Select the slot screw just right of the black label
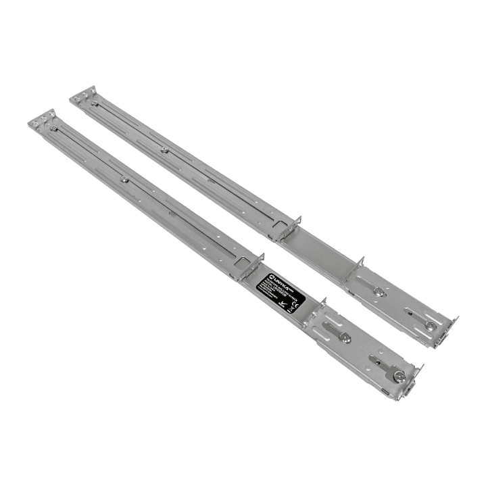point(345,338)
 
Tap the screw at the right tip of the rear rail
point(430,325)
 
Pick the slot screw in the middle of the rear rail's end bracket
point(379,292)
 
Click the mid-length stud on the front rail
point(124,179)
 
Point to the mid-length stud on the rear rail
point(164,150)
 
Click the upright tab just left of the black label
point(259,259)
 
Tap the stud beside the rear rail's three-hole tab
point(94,102)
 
